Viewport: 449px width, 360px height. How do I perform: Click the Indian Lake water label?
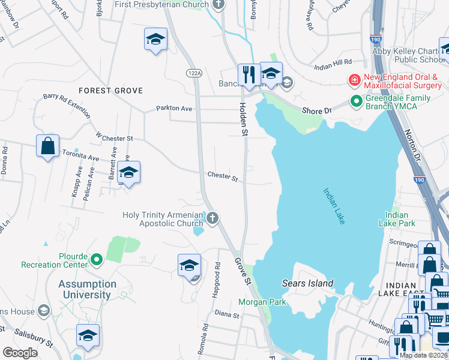[334, 207]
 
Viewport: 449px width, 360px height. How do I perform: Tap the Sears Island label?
[307, 283]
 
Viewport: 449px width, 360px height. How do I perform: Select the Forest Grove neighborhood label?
[111, 91]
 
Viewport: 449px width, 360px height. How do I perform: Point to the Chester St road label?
[223, 178]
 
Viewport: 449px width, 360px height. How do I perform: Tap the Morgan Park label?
[262, 302]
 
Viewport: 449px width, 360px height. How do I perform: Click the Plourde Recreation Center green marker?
[97, 260]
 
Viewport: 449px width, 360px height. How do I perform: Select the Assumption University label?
[88, 289]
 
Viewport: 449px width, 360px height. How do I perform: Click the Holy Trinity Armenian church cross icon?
[212, 217]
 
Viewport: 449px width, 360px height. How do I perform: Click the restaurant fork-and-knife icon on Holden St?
[249, 74]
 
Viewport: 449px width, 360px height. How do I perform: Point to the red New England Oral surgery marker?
[355, 80]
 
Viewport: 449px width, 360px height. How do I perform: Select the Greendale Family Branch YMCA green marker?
[357, 102]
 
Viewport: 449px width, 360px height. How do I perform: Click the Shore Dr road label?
[316, 111]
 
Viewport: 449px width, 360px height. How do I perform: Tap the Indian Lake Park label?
[397, 219]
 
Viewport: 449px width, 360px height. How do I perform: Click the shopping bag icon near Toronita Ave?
[47, 146]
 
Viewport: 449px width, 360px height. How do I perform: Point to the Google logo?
[20, 353]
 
